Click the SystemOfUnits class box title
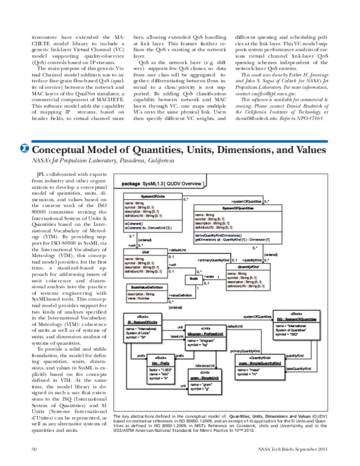pos(152,196)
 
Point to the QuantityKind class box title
pos(248,266)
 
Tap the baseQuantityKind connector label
pos(298,368)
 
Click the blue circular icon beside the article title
pos(25,148)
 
